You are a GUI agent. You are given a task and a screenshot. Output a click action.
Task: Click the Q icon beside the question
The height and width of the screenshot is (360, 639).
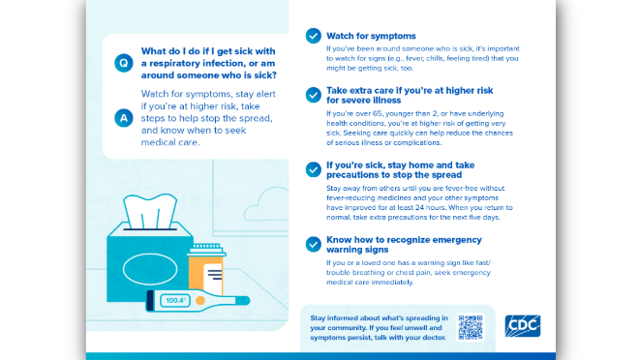point(123,63)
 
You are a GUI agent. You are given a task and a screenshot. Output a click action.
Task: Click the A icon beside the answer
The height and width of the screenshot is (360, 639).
point(123,118)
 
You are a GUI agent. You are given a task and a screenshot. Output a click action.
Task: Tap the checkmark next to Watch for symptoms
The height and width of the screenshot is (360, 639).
point(313,36)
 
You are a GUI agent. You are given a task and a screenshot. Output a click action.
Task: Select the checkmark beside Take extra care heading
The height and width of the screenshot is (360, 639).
point(313,94)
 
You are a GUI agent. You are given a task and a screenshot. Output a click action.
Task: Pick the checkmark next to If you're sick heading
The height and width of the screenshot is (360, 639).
point(313,170)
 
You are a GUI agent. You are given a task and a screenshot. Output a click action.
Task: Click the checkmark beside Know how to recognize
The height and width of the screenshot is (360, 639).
point(313,245)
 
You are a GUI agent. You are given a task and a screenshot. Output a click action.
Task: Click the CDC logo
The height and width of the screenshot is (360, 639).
point(523,326)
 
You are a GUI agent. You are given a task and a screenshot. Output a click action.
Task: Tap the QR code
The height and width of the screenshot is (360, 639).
point(470,328)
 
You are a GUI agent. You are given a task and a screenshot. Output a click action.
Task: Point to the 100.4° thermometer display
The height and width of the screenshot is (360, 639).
point(176,301)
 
